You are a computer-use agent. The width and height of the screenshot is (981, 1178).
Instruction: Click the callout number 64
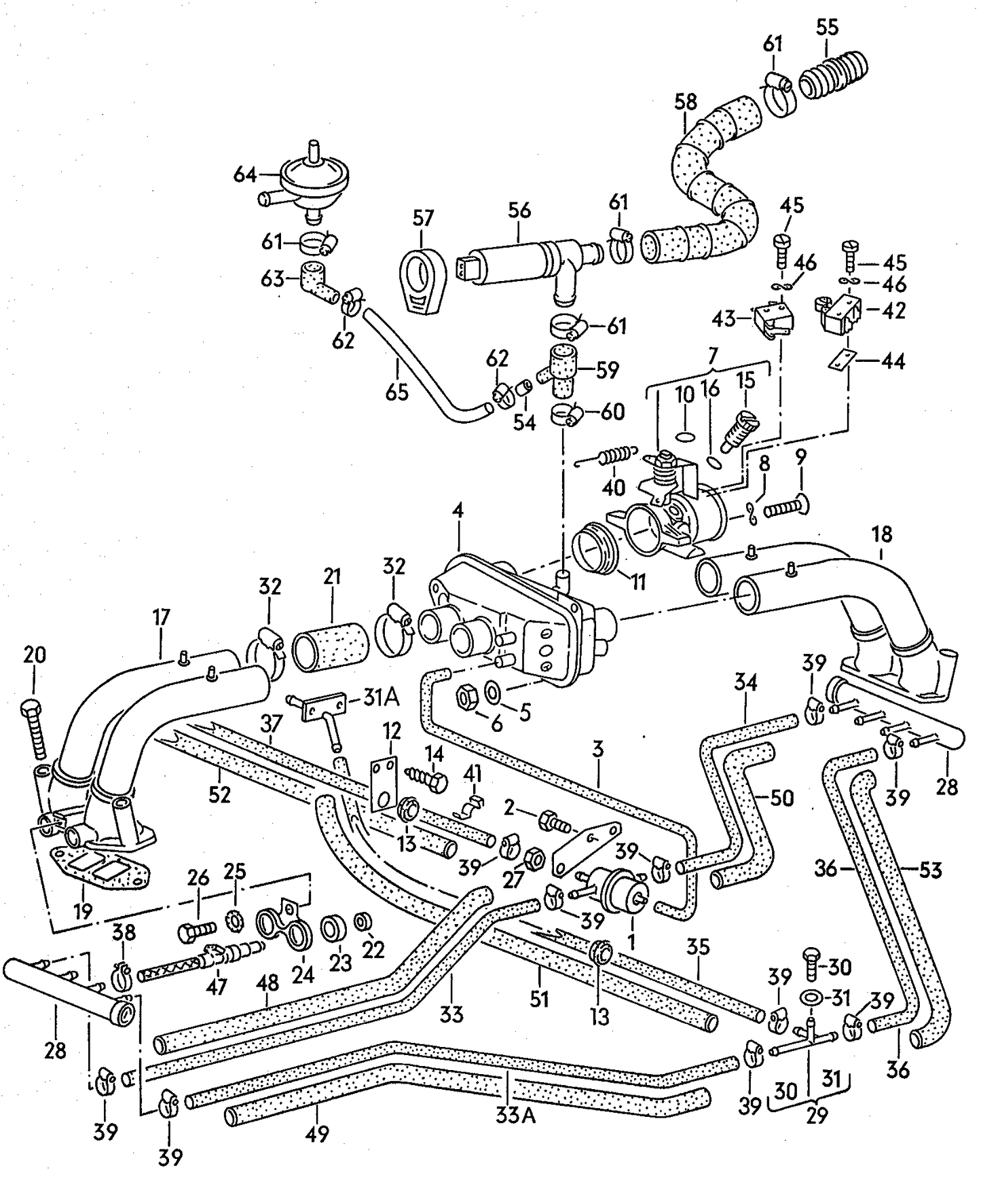[x=244, y=175]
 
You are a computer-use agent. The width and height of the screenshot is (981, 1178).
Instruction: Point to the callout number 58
[x=685, y=103]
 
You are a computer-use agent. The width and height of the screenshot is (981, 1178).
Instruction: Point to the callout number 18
[x=882, y=534]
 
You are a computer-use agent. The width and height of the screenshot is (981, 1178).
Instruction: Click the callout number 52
[x=220, y=794]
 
